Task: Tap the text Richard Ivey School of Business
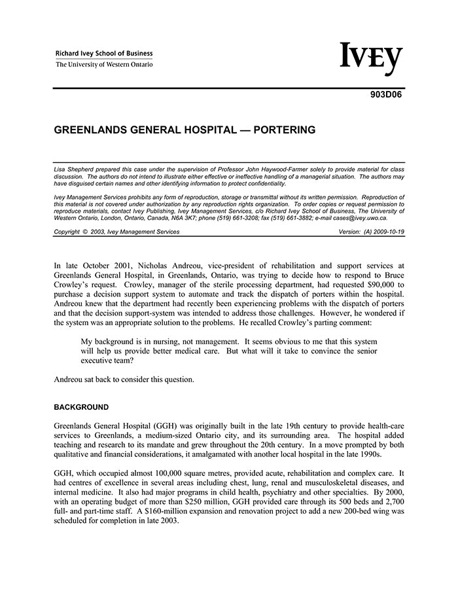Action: click(104, 54)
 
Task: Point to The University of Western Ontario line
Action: click(104, 65)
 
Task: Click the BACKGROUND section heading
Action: click(81, 407)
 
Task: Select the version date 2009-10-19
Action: click(388, 232)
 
